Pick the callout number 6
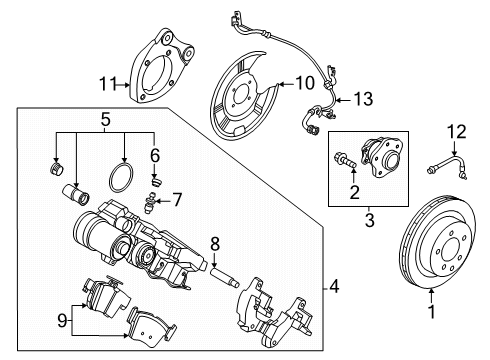[154, 156]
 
